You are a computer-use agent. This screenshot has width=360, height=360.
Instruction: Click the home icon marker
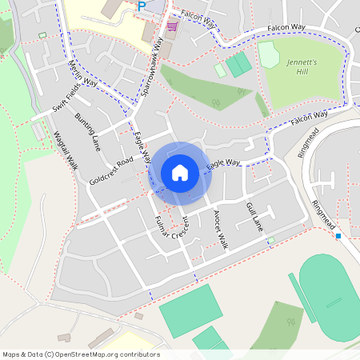pos(180,172)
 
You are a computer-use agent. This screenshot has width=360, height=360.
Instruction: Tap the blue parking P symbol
pos(142,6)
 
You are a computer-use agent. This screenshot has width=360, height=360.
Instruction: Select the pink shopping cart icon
pos(171,26)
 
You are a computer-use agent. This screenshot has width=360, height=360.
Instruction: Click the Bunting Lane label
pos(88,131)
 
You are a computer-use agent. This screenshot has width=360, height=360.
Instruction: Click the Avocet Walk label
pos(220,230)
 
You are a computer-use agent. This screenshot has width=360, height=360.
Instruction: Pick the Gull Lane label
pos(254,217)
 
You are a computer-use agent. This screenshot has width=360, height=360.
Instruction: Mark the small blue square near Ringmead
pos(338,235)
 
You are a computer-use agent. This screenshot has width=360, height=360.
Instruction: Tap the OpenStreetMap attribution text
pos(81,354)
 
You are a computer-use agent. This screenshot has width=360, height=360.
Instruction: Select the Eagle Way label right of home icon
pos(223,164)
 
